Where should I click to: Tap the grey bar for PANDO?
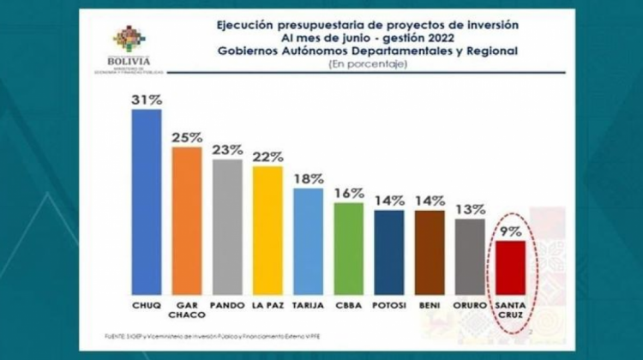[227, 227]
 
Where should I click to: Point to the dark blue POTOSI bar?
[389, 253]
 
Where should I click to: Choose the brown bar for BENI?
[430, 253]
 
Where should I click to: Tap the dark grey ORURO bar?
[470, 256]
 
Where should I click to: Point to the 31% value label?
[147, 100]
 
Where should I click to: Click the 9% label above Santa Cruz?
[511, 231]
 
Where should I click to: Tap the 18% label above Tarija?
[308, 179]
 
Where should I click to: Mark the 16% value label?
[349, 194]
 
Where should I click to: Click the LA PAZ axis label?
[267, 303]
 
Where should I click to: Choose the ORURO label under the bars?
[470, 303]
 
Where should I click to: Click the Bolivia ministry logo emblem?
[131, 39]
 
